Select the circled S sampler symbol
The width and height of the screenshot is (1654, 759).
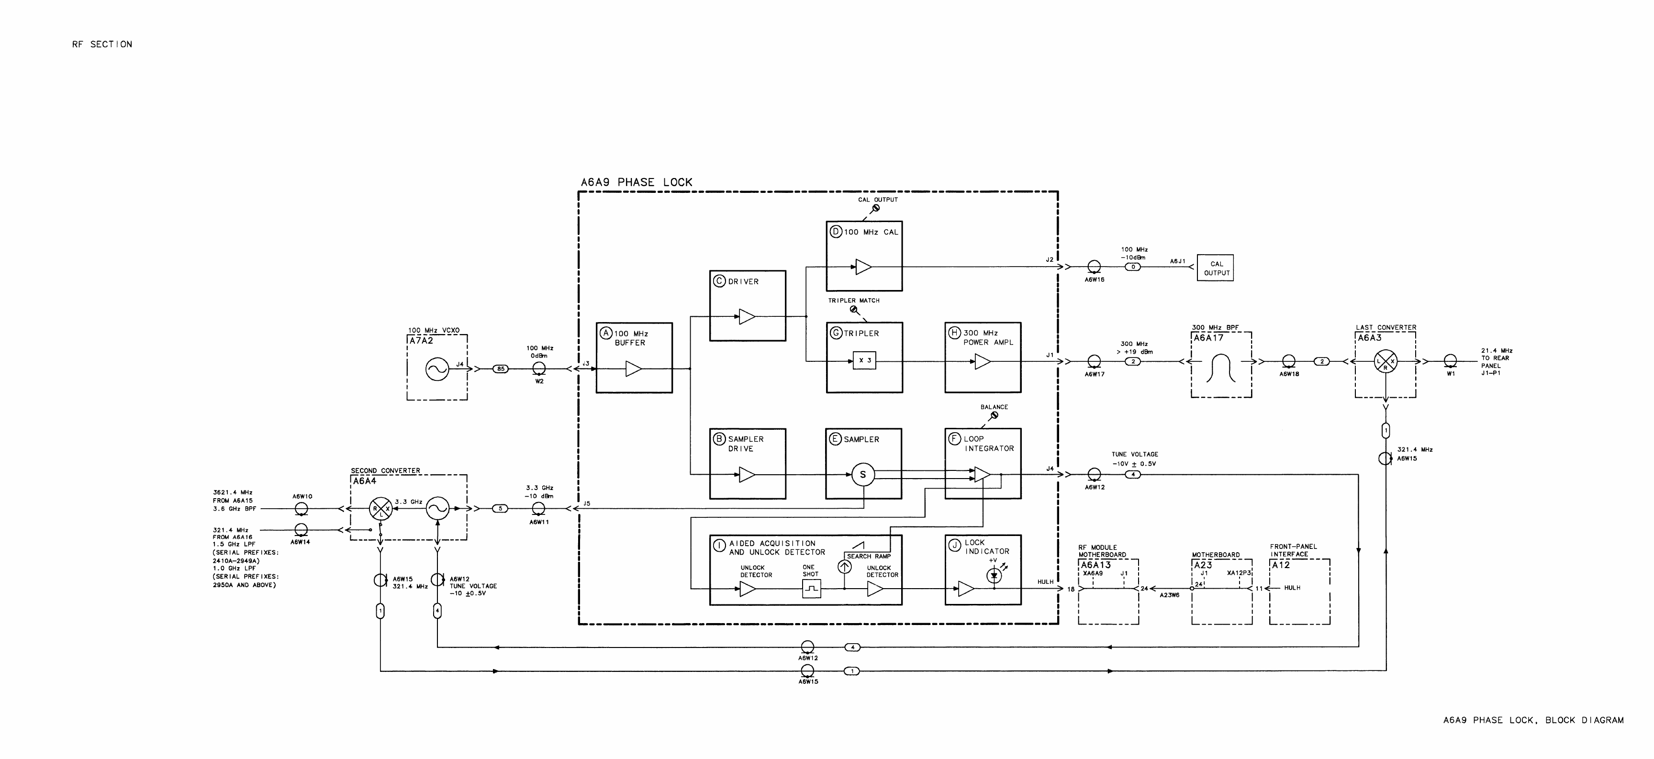(x=863, y=475)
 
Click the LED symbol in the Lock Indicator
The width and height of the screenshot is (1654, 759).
(x=994, y=576)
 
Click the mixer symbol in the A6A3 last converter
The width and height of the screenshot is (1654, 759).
(x=1386, y=361)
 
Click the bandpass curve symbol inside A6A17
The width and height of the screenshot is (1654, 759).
(x=1221, y=368)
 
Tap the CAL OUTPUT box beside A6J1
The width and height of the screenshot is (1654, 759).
(x=1216, y=268)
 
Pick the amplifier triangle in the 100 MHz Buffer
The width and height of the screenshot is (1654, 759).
(x=633, y=368)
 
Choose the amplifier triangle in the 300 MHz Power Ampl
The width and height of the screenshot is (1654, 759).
(x=983, y=361)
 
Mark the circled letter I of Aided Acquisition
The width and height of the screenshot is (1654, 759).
(x=720, y=546)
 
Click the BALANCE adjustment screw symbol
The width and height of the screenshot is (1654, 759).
(x=994, y=415)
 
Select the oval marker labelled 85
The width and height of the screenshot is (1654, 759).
(x=501, y=368)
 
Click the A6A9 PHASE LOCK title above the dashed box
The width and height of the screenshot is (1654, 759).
(x=637, y=182)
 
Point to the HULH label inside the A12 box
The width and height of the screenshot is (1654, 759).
(x=1292, y=588)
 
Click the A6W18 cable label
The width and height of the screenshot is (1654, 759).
(x=1289, y=374)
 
